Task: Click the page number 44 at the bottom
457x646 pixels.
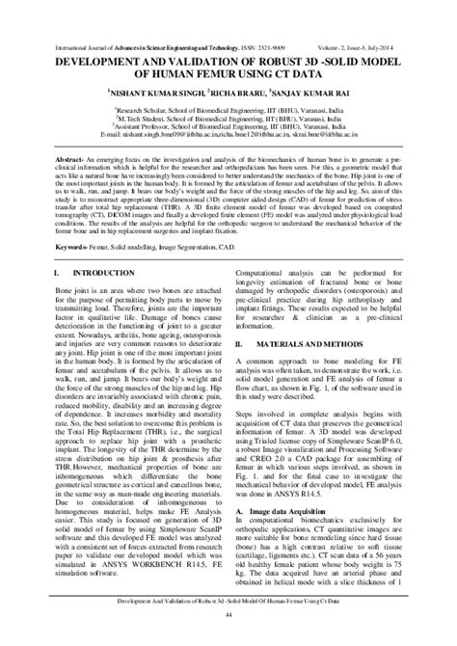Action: click(228, 628)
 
